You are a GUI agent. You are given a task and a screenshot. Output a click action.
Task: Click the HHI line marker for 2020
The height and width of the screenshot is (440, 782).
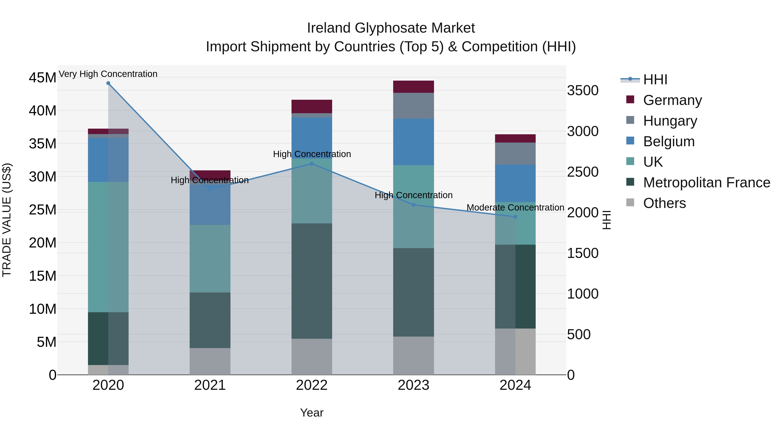pos(108,83)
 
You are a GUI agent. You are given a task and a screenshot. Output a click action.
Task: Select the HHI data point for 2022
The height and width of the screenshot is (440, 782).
pos(311,164)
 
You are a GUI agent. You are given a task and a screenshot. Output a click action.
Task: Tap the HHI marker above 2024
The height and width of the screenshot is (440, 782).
pos(515,217)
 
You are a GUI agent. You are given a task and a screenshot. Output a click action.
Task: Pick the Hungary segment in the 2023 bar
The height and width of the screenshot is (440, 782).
pos(413,106)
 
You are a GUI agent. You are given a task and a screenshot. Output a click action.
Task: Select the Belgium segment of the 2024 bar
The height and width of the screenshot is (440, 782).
pos(515,183)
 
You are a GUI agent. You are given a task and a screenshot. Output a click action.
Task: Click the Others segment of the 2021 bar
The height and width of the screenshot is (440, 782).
pos(210,361)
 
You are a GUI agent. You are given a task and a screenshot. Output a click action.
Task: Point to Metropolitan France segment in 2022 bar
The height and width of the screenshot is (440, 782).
pos(311,281)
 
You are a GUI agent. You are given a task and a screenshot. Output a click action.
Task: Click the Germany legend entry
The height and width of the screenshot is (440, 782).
pos(672,100)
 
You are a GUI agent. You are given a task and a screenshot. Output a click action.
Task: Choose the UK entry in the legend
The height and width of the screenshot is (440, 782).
pos(653,162)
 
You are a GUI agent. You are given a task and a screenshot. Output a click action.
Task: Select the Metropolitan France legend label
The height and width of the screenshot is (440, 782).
pos(706,183)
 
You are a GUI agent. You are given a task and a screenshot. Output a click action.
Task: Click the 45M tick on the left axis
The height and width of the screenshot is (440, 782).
pos(43,78)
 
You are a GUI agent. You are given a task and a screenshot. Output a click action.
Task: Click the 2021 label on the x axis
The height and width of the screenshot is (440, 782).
pos(210,385)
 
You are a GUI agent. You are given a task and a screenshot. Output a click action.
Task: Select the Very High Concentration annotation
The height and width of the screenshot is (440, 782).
pos(108,74)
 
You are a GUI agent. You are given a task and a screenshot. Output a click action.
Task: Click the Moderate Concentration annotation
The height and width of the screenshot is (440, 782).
pos(515,208)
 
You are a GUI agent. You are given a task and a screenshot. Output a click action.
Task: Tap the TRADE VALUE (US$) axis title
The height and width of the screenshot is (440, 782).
pos(7,220)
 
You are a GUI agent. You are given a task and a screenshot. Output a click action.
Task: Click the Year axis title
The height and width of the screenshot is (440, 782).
pos(311,413)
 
